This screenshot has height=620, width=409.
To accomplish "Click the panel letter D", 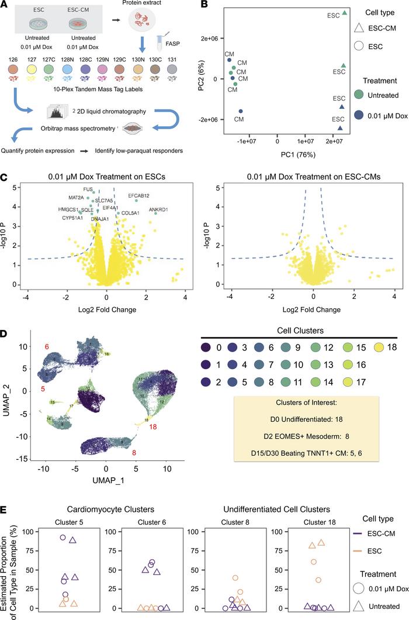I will tap(6, 333).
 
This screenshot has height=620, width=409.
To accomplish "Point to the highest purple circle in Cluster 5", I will tap(62, 537).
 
